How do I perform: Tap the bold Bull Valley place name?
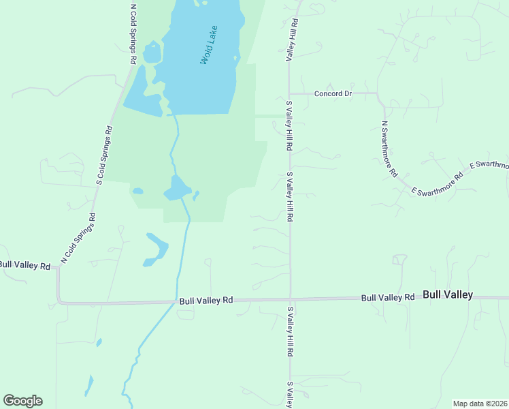coord(448,295)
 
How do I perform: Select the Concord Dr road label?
coord(333,93)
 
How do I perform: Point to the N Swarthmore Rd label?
coord(389,149)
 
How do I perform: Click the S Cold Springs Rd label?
coord(103,155)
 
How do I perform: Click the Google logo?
coord(22,401)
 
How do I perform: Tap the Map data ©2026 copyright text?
coord(480,404)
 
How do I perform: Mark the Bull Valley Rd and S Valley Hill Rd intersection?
coord(291,299)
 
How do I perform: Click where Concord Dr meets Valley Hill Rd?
coord(291,93)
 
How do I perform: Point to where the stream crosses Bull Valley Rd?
coord(176,301)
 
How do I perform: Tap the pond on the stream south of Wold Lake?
coord(177,187)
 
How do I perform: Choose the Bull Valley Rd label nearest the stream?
coord(206,300)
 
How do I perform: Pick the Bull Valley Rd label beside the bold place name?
coord(388,297)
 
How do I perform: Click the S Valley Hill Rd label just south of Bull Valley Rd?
coord(290,332)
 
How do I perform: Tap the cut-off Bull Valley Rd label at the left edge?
coord(24,264)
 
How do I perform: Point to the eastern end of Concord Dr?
coord(378,93)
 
